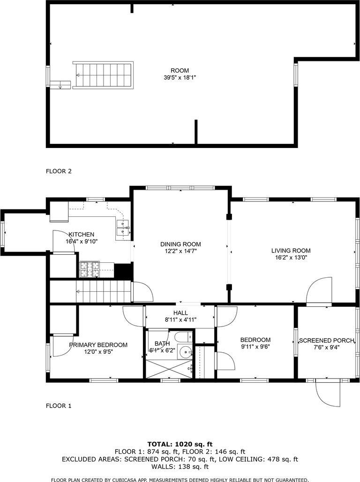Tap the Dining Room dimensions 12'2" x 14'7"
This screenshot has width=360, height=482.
point(180,251)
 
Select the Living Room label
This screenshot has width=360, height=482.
point(291,251)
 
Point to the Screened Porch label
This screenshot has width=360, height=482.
point(327,341)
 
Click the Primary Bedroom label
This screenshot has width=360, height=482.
point(98,345)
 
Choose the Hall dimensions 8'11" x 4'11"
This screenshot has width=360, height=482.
point(180,319)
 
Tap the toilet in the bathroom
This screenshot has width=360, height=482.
point(183,337)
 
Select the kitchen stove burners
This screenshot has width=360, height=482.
point(90,269)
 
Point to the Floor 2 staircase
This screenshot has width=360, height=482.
point(103,75)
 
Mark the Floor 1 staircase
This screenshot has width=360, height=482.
point(104,292)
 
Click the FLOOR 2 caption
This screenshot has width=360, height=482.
point(59,171)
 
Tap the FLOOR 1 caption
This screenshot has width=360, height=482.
point(59,406)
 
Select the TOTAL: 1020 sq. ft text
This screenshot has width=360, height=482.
point(180,444)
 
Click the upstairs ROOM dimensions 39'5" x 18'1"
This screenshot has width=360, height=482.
point(180,78)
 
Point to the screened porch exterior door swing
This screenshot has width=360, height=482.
point(328,393)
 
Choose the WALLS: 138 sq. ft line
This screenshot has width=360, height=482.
point(180,467)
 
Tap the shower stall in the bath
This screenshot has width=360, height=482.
point(169,368)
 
